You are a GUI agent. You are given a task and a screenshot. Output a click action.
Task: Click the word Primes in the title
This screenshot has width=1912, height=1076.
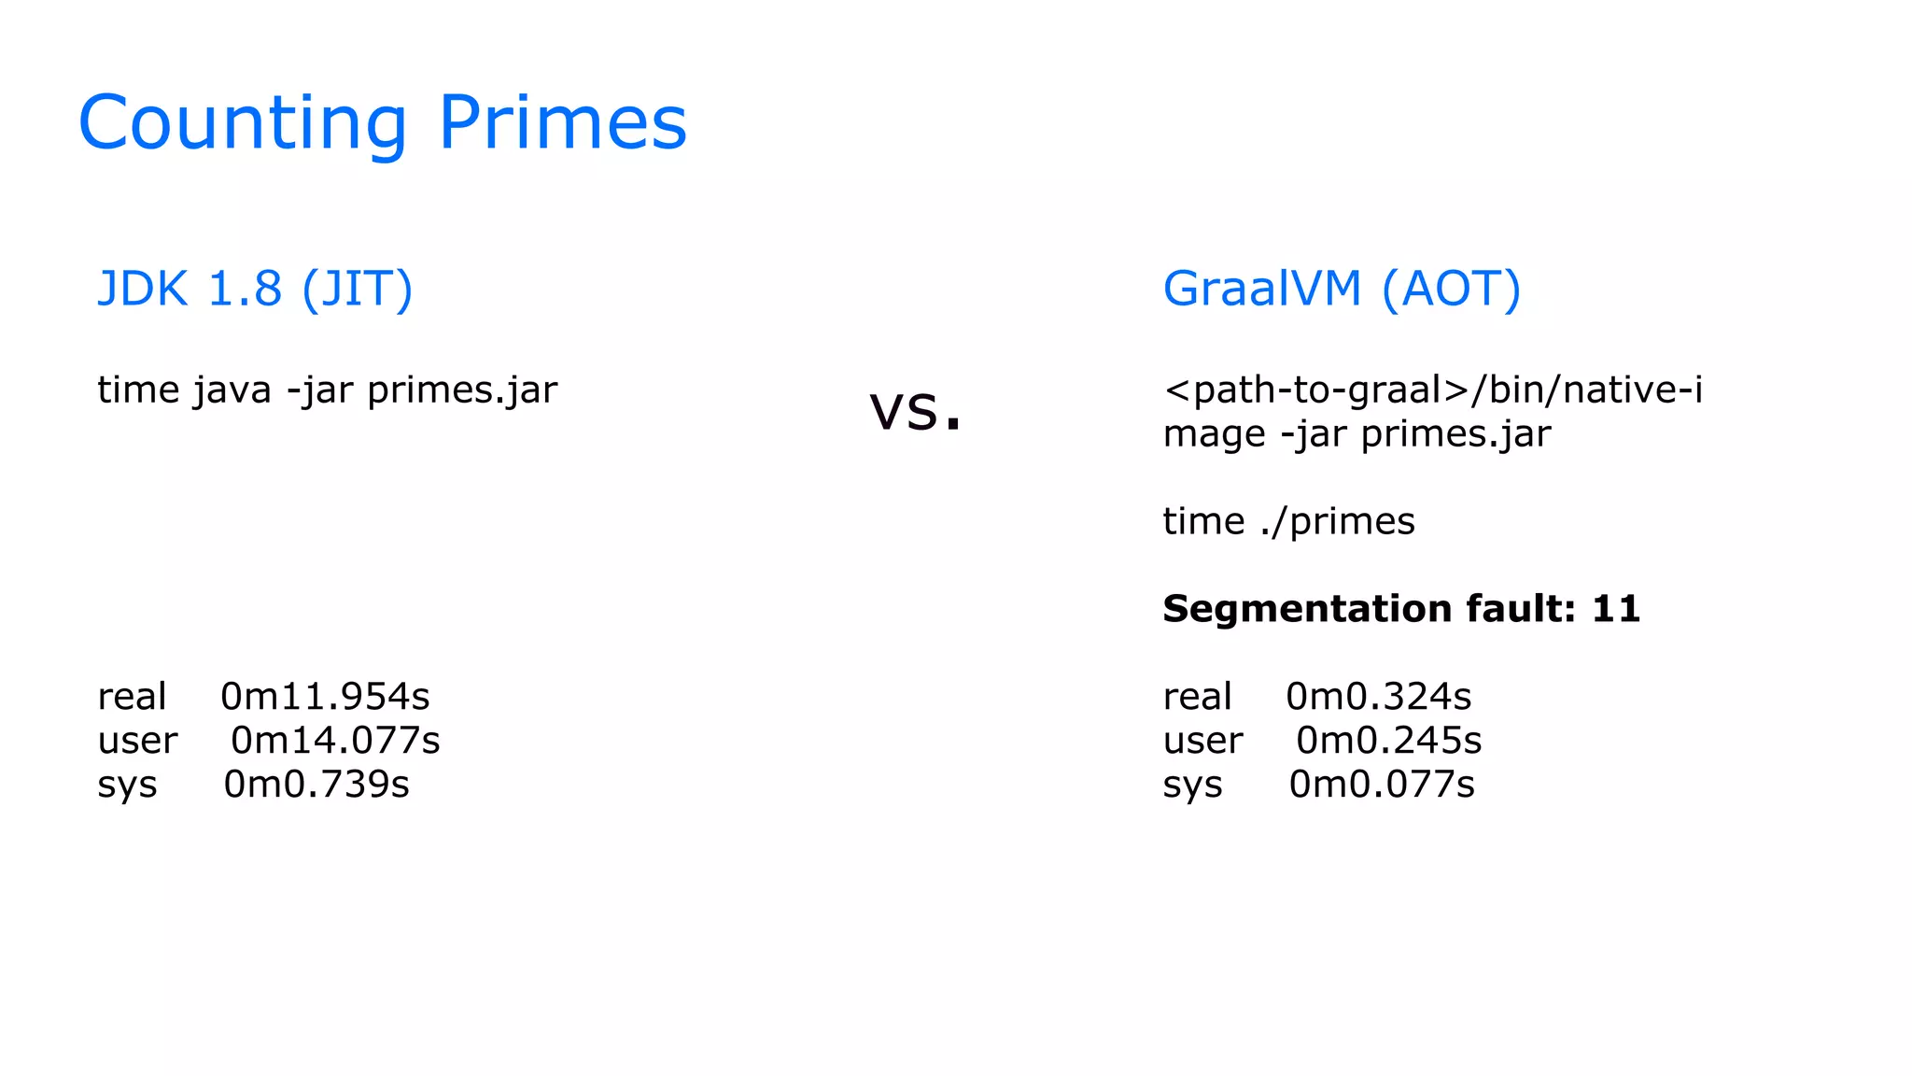point(562,123)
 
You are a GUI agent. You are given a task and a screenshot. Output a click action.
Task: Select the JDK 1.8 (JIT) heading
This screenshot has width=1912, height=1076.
point(255,289)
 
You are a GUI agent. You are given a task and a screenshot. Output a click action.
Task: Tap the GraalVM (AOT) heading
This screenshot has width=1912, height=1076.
point(1342,289)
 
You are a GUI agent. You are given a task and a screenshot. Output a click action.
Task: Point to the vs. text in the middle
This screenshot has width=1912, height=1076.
point(915,410)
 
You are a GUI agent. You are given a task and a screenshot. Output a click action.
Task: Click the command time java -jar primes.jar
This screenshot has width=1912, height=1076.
point(327,390)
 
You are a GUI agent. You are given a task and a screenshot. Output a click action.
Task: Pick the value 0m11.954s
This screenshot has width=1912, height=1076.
point(325,697)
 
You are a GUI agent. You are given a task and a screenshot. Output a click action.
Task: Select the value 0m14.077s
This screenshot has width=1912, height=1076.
point(335,741)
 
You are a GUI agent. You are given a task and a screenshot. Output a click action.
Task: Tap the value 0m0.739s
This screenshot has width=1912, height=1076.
point(316,785)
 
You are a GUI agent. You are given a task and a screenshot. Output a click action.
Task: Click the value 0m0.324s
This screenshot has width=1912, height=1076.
point(1378,697)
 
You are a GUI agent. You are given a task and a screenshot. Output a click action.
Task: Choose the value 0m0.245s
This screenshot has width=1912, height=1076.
point(1388,741)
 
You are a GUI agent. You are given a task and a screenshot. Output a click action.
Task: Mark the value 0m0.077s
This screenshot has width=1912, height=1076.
point(1382,785)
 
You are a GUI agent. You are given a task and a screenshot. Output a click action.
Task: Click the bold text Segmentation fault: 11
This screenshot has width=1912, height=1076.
point(1401,609)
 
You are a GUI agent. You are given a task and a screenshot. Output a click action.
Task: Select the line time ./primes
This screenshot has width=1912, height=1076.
point(1288,521)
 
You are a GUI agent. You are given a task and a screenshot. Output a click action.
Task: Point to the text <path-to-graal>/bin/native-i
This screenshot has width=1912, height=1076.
point(1432,390)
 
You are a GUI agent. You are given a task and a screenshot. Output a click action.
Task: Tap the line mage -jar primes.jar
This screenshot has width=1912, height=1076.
point(1357,434)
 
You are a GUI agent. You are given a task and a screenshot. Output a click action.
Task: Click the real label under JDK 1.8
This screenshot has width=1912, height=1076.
point(132,697)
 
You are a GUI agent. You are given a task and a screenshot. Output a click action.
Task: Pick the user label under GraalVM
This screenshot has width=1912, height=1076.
point(1202,741)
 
